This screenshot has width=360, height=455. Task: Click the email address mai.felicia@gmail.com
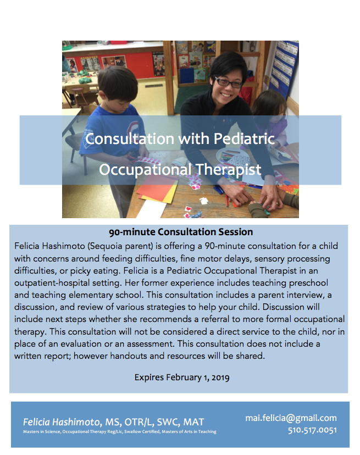point(291,418)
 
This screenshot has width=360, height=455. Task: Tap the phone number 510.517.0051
point(312,430)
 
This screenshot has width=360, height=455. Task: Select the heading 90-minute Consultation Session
point(181,232)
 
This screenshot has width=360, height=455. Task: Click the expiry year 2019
point(220,378)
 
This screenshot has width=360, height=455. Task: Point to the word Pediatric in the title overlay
point(244,138)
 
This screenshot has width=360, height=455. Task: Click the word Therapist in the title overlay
point(228,170)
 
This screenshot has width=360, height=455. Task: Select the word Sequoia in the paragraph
point(105,246)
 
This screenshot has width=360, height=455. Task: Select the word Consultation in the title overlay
point(130,138)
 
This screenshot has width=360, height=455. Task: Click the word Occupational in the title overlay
point(145,170)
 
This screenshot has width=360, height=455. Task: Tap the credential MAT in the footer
point(194,422)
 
